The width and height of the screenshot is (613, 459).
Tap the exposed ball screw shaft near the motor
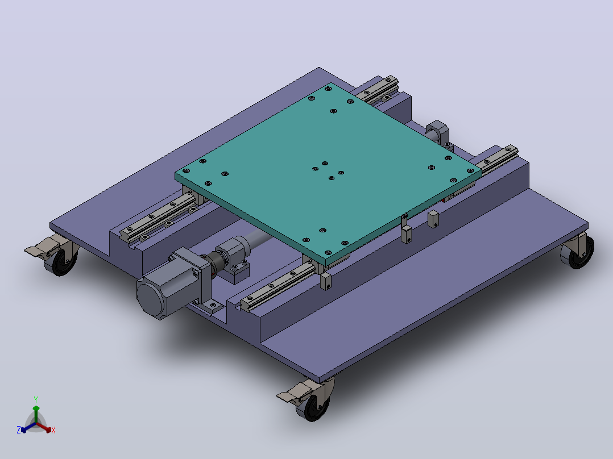tap(256, 237)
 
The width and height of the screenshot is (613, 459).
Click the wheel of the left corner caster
tap(62, 262)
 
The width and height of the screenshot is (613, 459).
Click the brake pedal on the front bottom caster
tap(291, 393)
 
